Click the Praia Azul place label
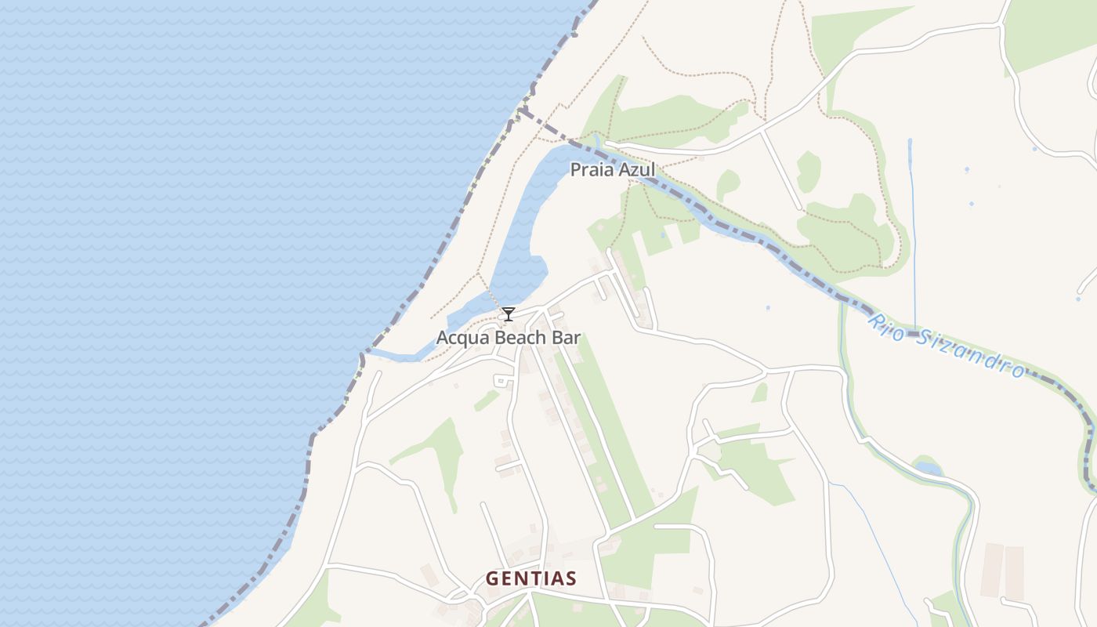tap(612, 169)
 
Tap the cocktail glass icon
tap(509, 314)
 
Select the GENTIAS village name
tap(531, 579)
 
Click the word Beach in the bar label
tap(517, 338)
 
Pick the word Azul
tap(635, 169)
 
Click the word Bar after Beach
tap(567, 338)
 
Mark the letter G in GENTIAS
tap(492, 579)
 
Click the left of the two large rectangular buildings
tap(992, 570)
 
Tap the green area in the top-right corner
tap(1050, 31)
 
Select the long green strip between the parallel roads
tap(603, 439)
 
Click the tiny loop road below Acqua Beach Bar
tap(502, 381)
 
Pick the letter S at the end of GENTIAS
tap(571, 579)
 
